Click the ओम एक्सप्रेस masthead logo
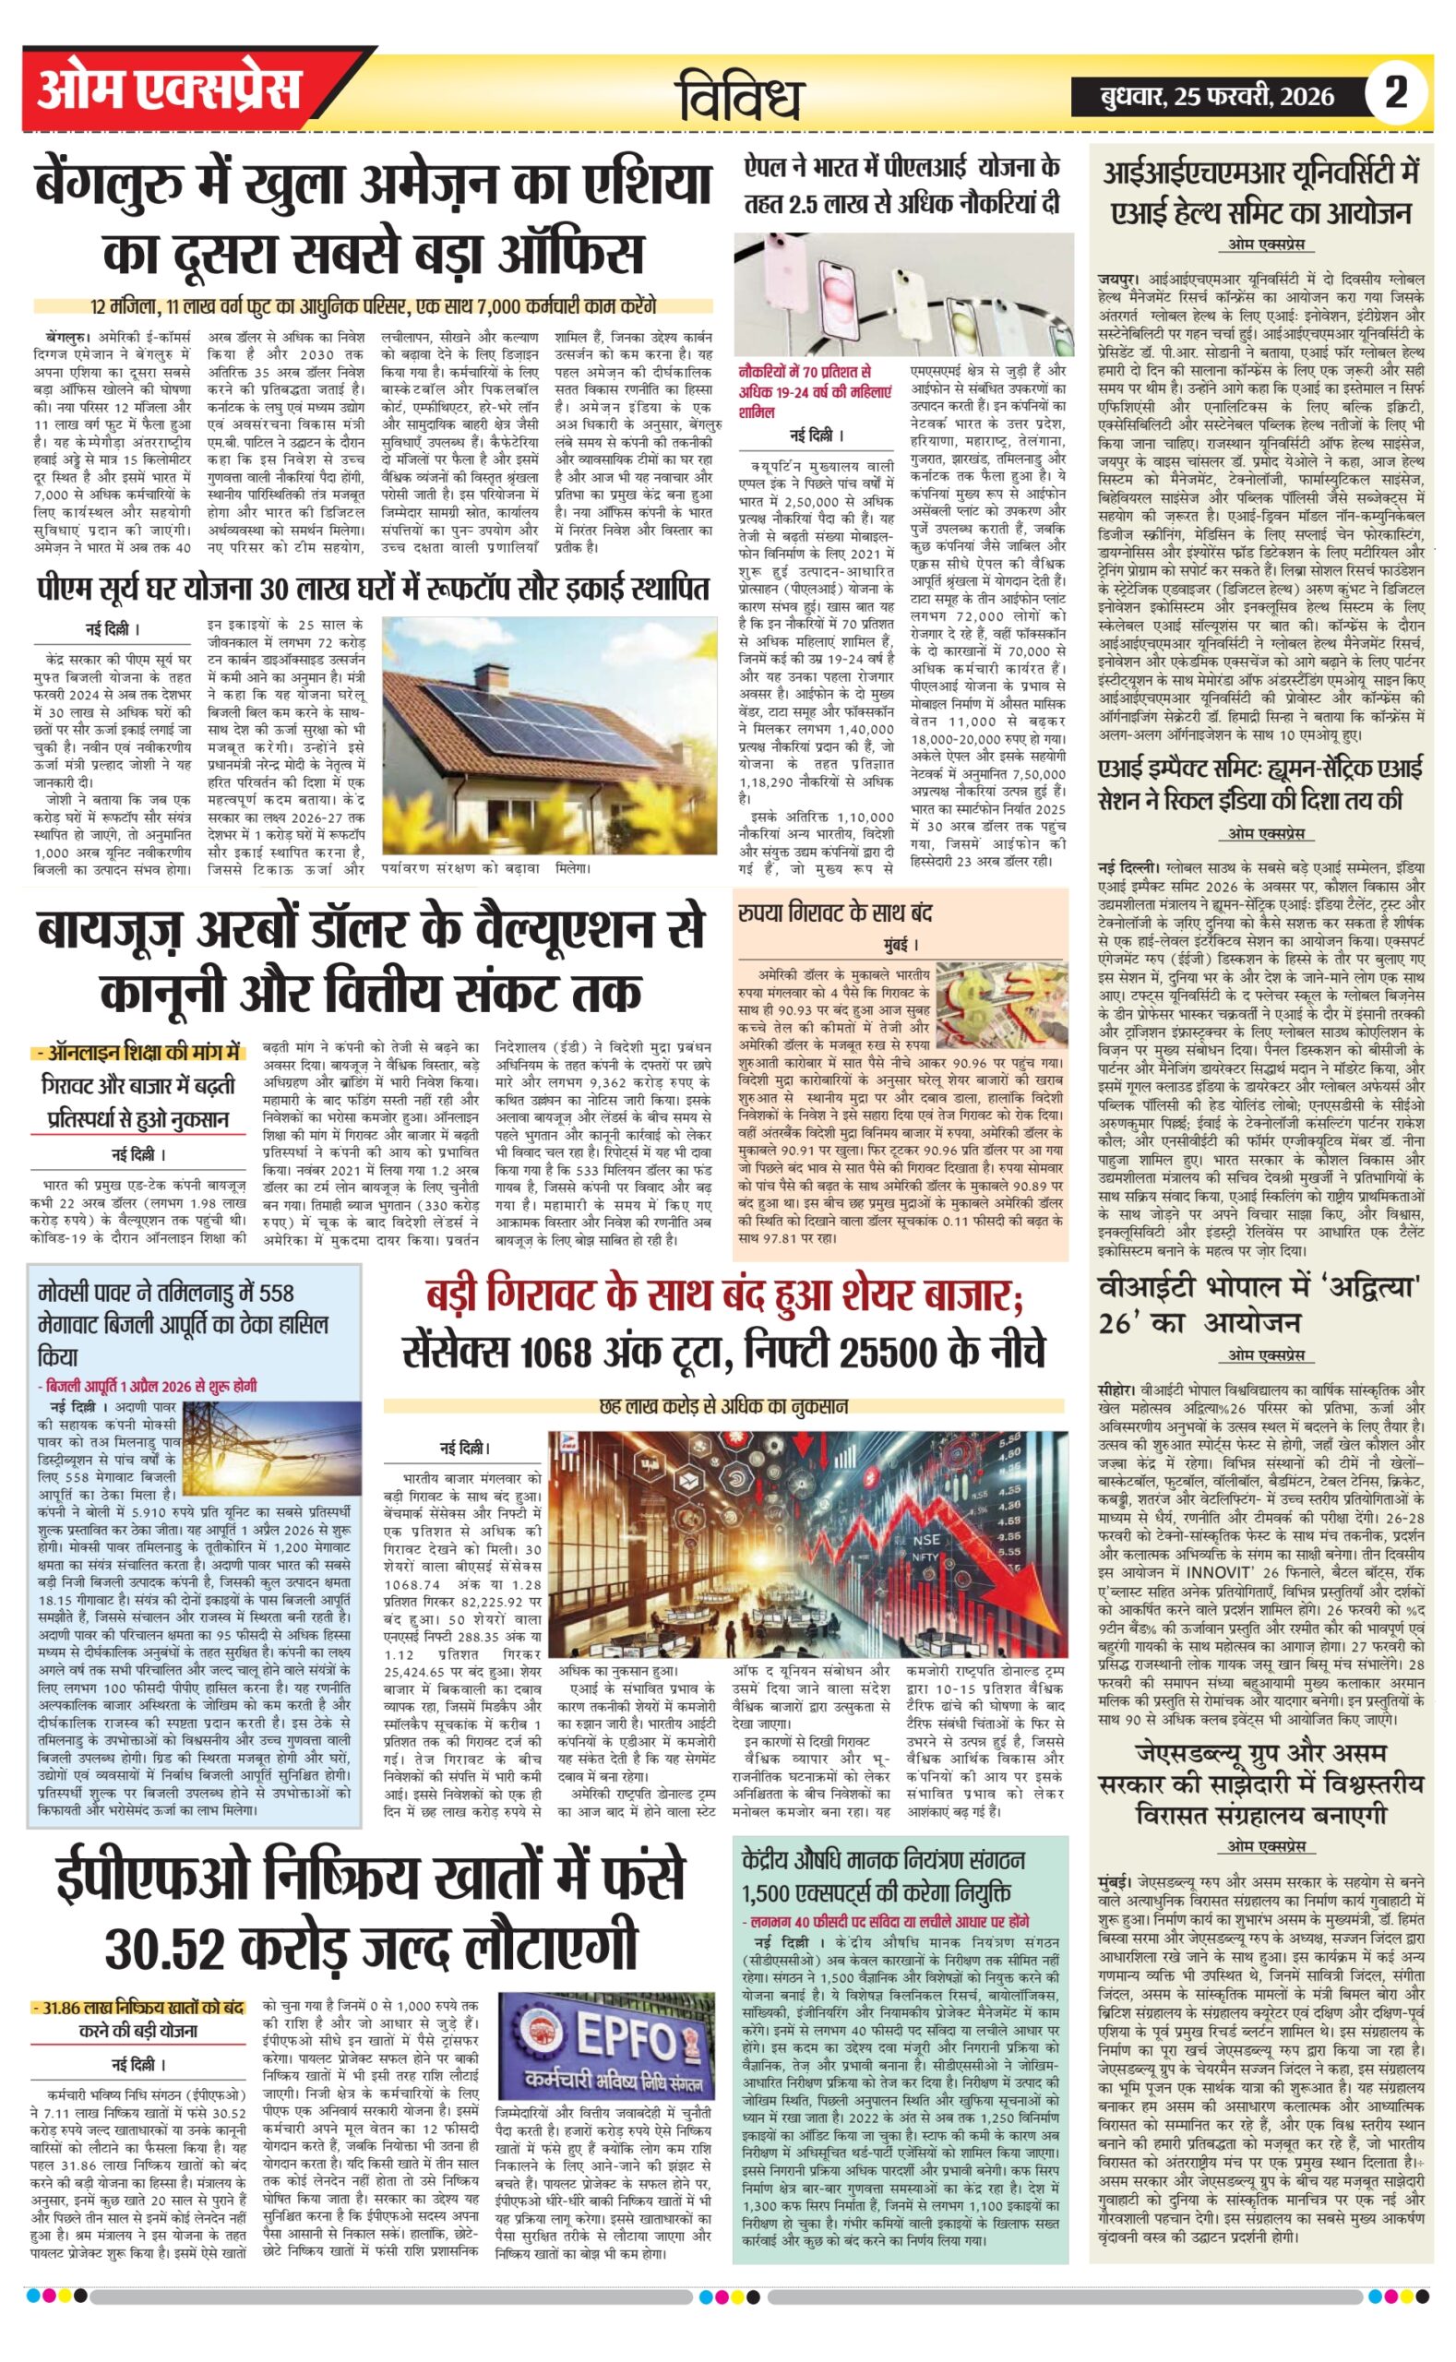[169, 90]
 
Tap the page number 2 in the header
[1395, 93]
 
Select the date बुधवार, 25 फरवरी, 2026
[1218, 95]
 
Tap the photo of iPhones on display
[903, 294]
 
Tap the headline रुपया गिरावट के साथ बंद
[835, 912]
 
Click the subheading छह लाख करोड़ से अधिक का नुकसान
[723, 1407]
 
